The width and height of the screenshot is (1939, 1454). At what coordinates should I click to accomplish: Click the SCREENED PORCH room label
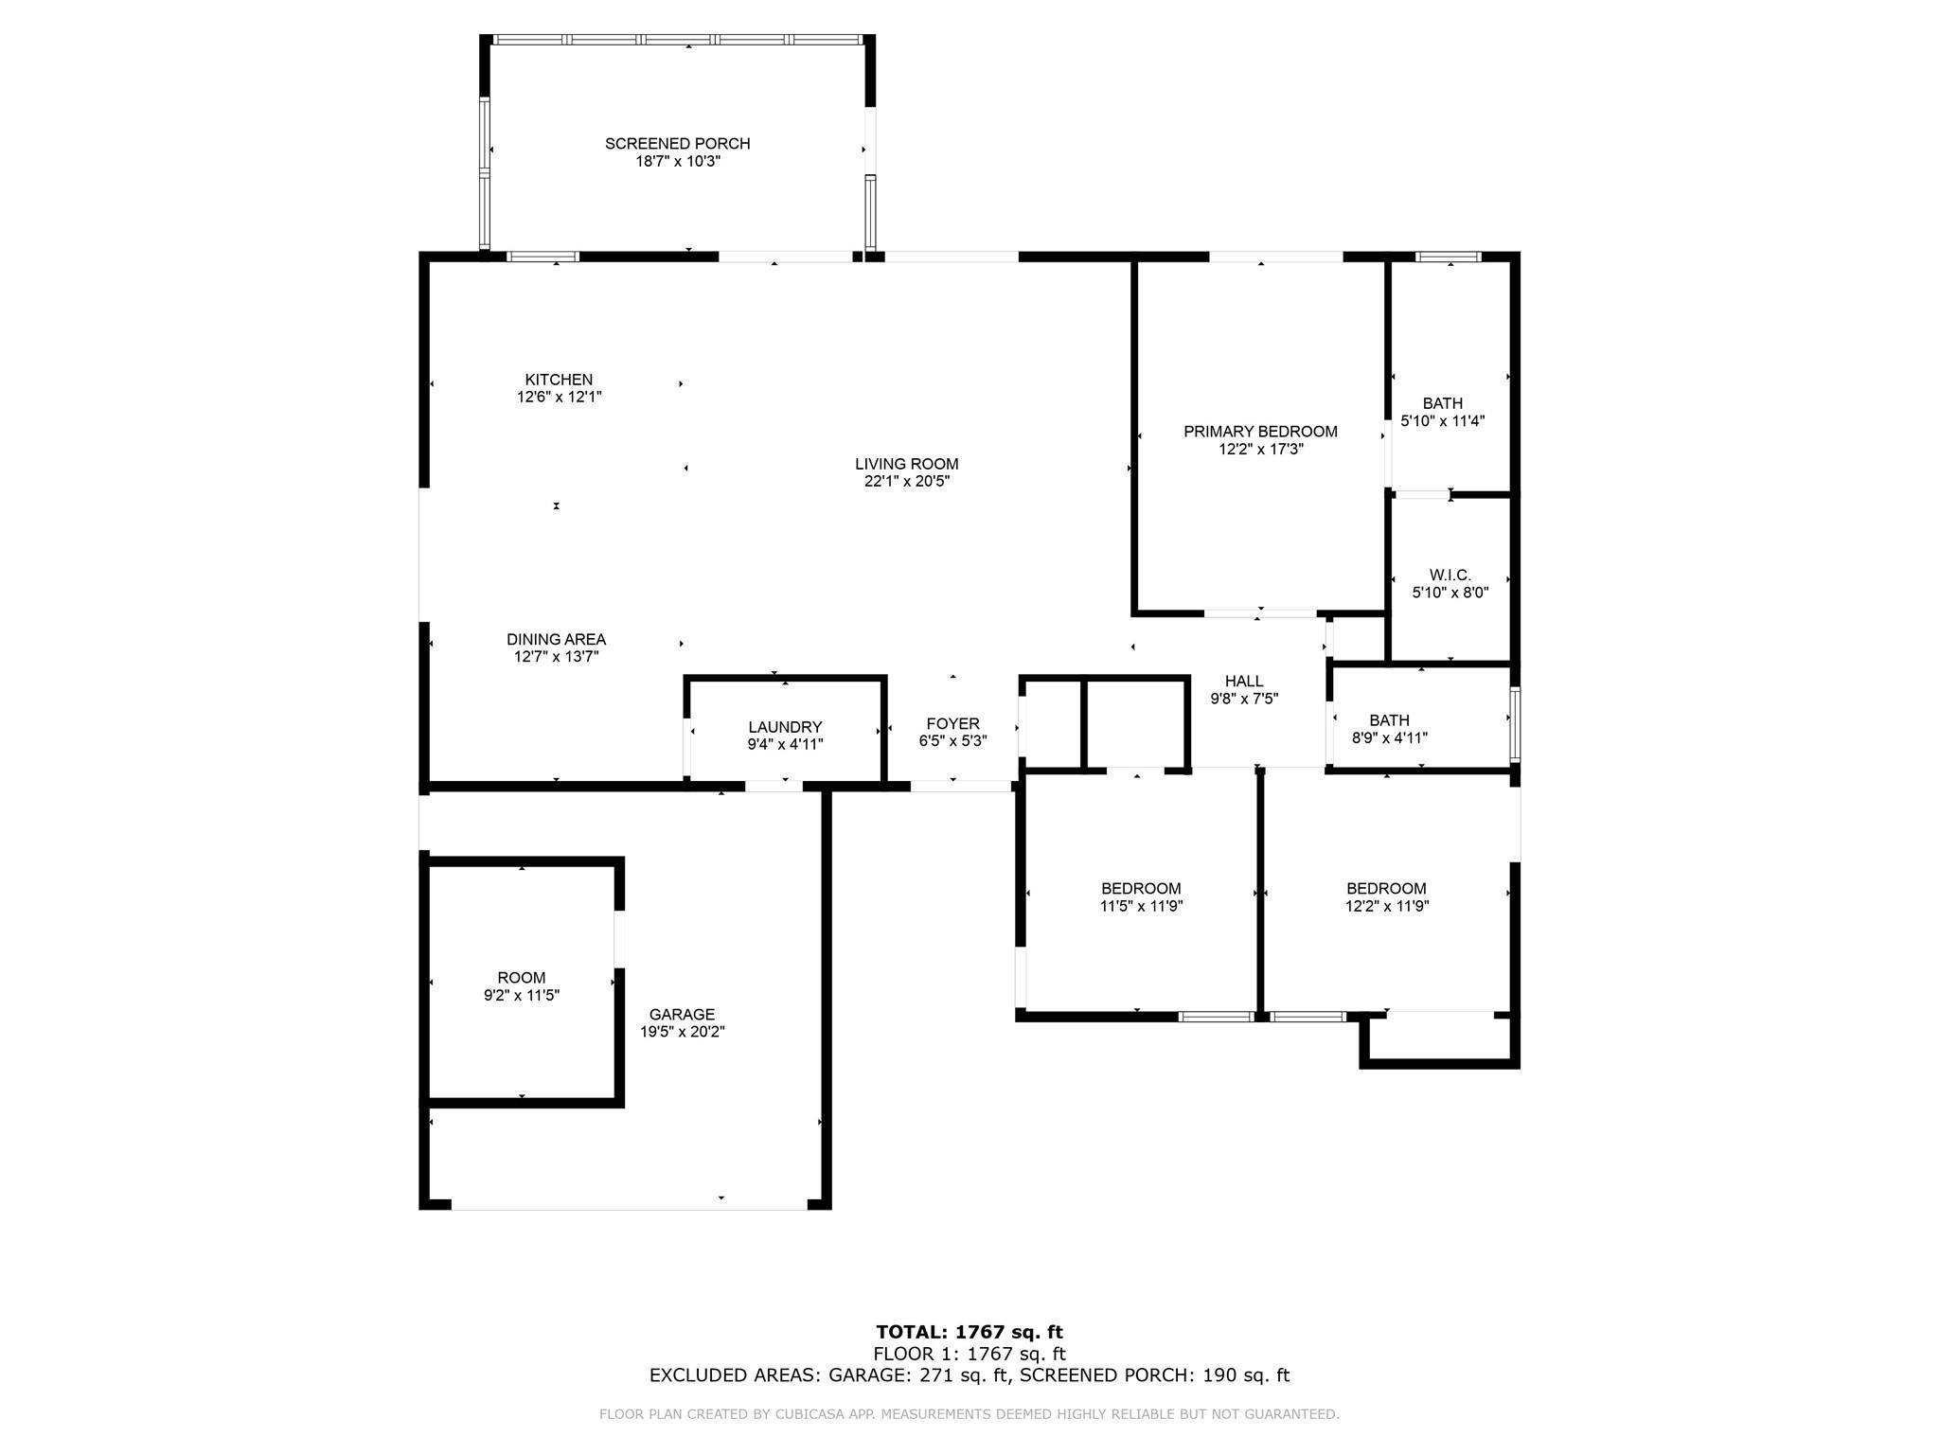(677, 144)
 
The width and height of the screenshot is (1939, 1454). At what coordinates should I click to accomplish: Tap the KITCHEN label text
(559, 380)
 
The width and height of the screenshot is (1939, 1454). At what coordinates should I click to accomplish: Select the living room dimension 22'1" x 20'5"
(906, 481)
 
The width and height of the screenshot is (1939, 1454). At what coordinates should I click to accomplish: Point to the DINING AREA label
(556, 640)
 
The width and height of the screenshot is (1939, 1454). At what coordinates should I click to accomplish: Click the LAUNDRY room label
(785, 727)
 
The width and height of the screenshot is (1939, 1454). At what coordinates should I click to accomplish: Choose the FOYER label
(952, 724)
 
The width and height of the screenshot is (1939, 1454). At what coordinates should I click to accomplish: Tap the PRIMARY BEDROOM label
(1260, 432)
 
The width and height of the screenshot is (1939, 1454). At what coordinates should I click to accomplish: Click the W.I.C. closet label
(1450, 576)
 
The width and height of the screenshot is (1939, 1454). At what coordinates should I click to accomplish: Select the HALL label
(1244, 682)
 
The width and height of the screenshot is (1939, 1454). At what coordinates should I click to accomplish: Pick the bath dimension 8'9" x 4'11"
(1389, 738)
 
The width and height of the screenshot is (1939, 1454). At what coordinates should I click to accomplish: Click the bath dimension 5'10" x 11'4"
(1442, 421)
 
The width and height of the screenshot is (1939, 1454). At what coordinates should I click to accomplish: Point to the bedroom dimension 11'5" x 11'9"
(1141, 906)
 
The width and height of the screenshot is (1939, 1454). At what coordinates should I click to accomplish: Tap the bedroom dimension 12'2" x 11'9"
(1386, 906)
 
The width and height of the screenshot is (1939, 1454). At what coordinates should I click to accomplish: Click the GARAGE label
(682, 1015)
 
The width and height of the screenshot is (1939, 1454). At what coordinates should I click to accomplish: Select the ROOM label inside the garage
(522, 978)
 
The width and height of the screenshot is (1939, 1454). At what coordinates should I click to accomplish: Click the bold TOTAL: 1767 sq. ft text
(969, 1333)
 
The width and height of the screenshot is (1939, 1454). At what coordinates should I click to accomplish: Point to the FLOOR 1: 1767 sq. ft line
(969, 1354)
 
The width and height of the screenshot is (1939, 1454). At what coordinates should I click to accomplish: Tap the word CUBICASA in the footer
(809, 1414)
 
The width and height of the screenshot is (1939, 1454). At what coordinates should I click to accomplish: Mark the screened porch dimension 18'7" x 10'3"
(677, 162)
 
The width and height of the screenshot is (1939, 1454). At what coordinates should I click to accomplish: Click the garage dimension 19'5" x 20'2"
(682, 1032)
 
